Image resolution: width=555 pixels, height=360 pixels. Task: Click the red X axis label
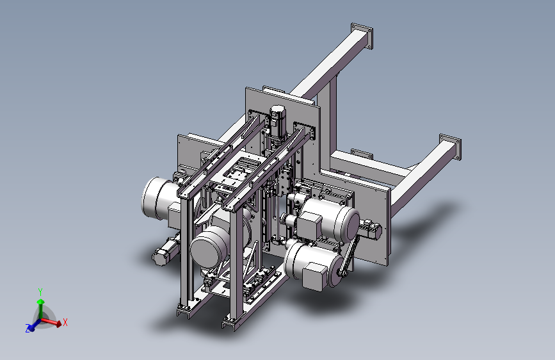pos(65,322)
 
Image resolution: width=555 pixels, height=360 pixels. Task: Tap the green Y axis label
pos(40,292)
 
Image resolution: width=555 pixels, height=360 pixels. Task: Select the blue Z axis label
pos(28,329)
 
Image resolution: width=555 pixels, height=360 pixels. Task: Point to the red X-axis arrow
pos(52,322)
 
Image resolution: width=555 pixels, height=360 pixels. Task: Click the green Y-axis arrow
pos(41,308)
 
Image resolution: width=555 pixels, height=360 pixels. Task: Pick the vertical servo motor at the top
pos(278,122)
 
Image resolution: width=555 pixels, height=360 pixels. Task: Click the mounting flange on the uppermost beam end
pos(362,36)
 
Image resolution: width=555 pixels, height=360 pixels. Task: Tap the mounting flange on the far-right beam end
pos(450,147)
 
